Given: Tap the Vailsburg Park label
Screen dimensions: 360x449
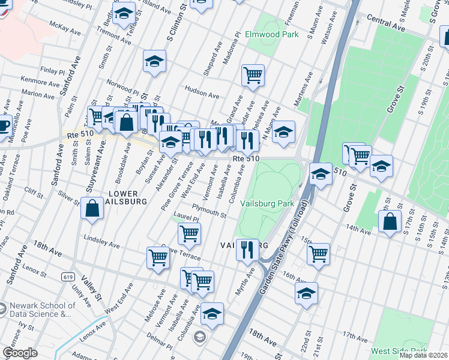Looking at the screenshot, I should click(267, 203).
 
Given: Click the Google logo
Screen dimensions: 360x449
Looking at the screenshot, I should click(20, 353).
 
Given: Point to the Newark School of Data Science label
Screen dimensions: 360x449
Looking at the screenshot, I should click(41, 310).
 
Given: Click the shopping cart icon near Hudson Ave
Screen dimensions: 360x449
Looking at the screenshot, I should click(253, 75).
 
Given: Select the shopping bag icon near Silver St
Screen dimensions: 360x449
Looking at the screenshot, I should click(93, 209).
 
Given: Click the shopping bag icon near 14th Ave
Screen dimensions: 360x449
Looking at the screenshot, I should click(390, 221).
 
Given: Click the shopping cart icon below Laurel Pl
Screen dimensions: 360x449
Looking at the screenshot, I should click(190, 233).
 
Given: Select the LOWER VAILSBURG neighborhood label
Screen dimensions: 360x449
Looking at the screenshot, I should click(124, 197).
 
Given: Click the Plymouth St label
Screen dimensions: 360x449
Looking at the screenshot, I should click(209, 211).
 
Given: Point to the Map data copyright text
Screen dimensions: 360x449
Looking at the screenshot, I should click(423, 355).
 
